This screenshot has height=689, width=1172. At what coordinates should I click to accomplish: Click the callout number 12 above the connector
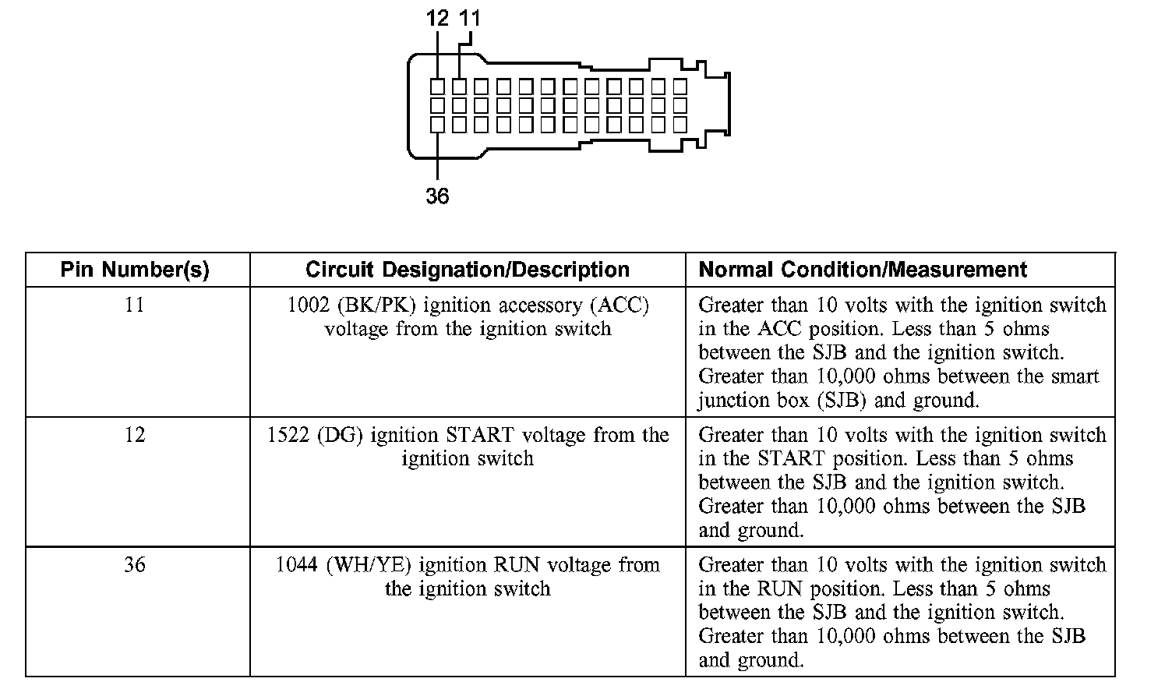click(x=437, y=18)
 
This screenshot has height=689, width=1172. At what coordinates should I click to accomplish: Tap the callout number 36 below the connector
click(x=437, y=196)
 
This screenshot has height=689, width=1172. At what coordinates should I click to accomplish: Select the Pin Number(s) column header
click(x=135, y=270)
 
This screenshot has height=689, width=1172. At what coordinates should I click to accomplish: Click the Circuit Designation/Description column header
click(x=468, y=270)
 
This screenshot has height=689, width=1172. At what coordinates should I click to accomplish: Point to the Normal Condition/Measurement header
click(x=863, y=270)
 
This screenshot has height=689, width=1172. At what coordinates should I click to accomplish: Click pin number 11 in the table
click(x=135, y=305)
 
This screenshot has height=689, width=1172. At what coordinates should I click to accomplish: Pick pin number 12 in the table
click(x=135, y=435)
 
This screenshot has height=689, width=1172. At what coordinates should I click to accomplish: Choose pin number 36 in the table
click(x=135, y=564)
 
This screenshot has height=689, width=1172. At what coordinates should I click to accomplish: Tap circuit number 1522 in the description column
click(x=288, y=435)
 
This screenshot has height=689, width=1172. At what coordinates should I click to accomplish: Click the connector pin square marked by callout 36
click(x=437, y=125)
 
